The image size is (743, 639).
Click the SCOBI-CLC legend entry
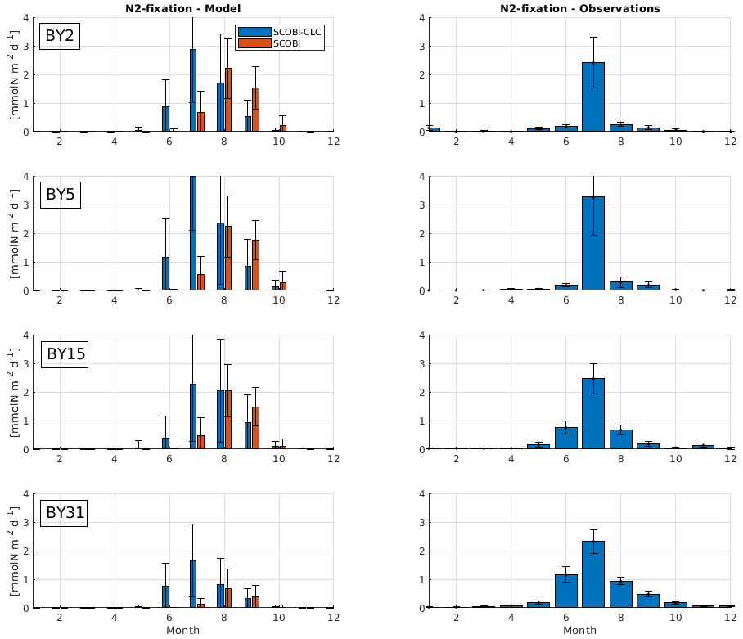(x=279, y=31)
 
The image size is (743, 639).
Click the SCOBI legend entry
(x=279, y=43)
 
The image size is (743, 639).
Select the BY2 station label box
(x=60, y=37)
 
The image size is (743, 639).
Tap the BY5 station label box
(x=60, y=195)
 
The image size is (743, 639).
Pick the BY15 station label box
(x=65, y=353)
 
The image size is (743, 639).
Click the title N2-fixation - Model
(x=183, y=8)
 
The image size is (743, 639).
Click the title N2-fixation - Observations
(x=580, y=8)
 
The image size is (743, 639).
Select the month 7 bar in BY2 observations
(x=593, y=97)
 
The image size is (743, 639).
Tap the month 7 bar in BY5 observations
(x=593, y=244)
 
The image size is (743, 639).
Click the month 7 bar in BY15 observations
(x=593, y=413)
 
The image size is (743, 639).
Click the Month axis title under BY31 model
(x=182, y=631)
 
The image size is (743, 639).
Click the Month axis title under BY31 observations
(x=579, y=631)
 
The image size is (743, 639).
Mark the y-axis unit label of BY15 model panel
(x=14, y=391)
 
